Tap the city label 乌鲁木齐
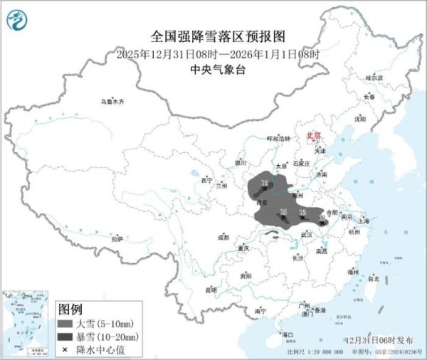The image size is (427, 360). pyautogui.click(x=112, y=102)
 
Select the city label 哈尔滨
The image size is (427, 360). pyautogui.click(x=374, y=78)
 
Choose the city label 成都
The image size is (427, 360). pyautogui.click(x=223, y=237)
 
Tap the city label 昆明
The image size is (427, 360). pyautogui.click(x=211, y=290)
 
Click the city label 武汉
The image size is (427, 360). pyautogui.click(x=307, y=233)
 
